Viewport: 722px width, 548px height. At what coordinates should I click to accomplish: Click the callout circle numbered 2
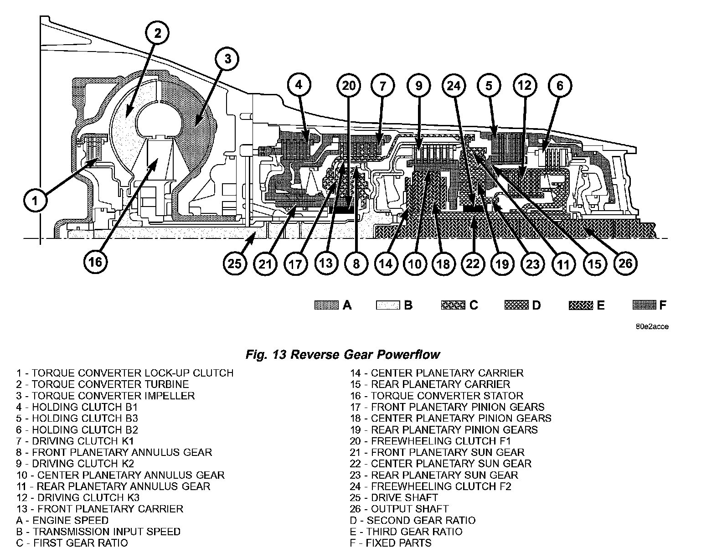pos(157,33)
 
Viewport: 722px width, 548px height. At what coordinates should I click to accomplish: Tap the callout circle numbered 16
pos(95,262)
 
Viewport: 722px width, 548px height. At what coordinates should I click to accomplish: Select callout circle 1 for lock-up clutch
pos(35,201)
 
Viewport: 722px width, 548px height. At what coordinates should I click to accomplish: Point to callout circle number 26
pos(625,263)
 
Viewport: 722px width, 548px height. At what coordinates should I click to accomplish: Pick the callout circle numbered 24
pos(454,85)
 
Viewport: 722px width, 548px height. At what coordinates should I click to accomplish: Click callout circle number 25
pos(235,263)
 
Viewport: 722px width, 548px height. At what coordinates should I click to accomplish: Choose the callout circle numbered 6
pos(560,85)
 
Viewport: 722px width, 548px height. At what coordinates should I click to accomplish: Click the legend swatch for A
pos(326,305)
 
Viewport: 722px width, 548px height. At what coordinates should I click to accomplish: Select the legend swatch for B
pos(387,305)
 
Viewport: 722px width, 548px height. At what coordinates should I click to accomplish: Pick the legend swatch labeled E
pos(580,305)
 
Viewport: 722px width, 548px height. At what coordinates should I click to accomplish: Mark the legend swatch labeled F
pos(645,305)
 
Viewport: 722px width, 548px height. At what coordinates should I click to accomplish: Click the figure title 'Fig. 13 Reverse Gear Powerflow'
pos(342,354)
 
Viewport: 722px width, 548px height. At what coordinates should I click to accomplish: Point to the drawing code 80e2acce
pos(653,327)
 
